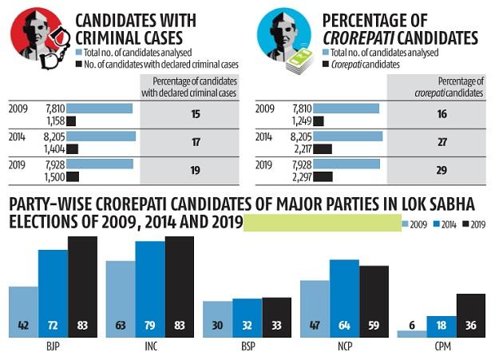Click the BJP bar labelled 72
(x=53, y=292)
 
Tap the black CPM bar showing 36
(x=470, y=315)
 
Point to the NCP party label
(x=343, y=348)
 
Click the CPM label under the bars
(x=441, y=348)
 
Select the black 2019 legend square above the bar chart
(x=466, y=224)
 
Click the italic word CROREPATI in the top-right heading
(x=370, y=37)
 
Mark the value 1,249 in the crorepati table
(x=300, y=121)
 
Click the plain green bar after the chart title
(x=322, y=223)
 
